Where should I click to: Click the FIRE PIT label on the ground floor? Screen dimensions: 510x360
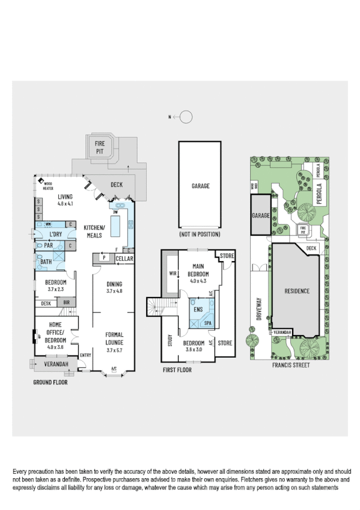pyautogui.click(x=100, y=146)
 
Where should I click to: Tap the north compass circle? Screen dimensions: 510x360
pyautogui.click(x=186, y=117)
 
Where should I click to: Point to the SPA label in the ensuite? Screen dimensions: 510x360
pyautogui.click(x=208, y=322)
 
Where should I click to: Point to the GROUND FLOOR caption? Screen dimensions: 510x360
pyautogui.click(x=50, y=382)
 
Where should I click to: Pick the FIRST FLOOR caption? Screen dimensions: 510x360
pyautogui.click(x=177, y=370)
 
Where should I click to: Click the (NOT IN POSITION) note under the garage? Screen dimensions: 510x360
pyautogui.click(x=200, y=233)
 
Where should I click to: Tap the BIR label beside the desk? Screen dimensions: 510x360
pyautogui.click(x=66, y=304)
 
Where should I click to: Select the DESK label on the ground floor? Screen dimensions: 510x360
pyautogui.click(x=46, y=304)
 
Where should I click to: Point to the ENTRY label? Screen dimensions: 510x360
pyautogui.click(x=85, y=354)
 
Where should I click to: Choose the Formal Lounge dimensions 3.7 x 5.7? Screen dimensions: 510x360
pyautogui.click(x=114, y=342)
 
